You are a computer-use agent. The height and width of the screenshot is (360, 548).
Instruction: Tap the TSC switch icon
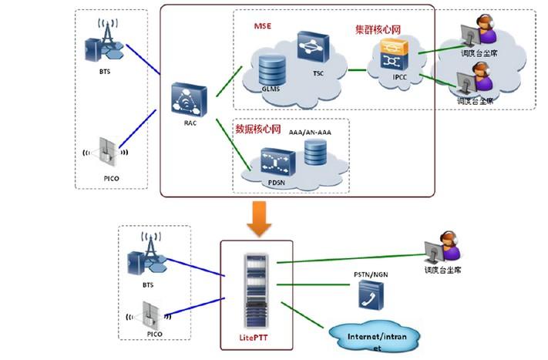(x=312, y=48)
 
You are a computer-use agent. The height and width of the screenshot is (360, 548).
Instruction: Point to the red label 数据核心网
(x=256, y=127)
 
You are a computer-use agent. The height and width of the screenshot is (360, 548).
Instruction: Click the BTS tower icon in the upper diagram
(x=106, y=45)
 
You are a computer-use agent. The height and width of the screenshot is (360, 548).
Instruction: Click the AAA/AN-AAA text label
(x=311, y=132)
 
